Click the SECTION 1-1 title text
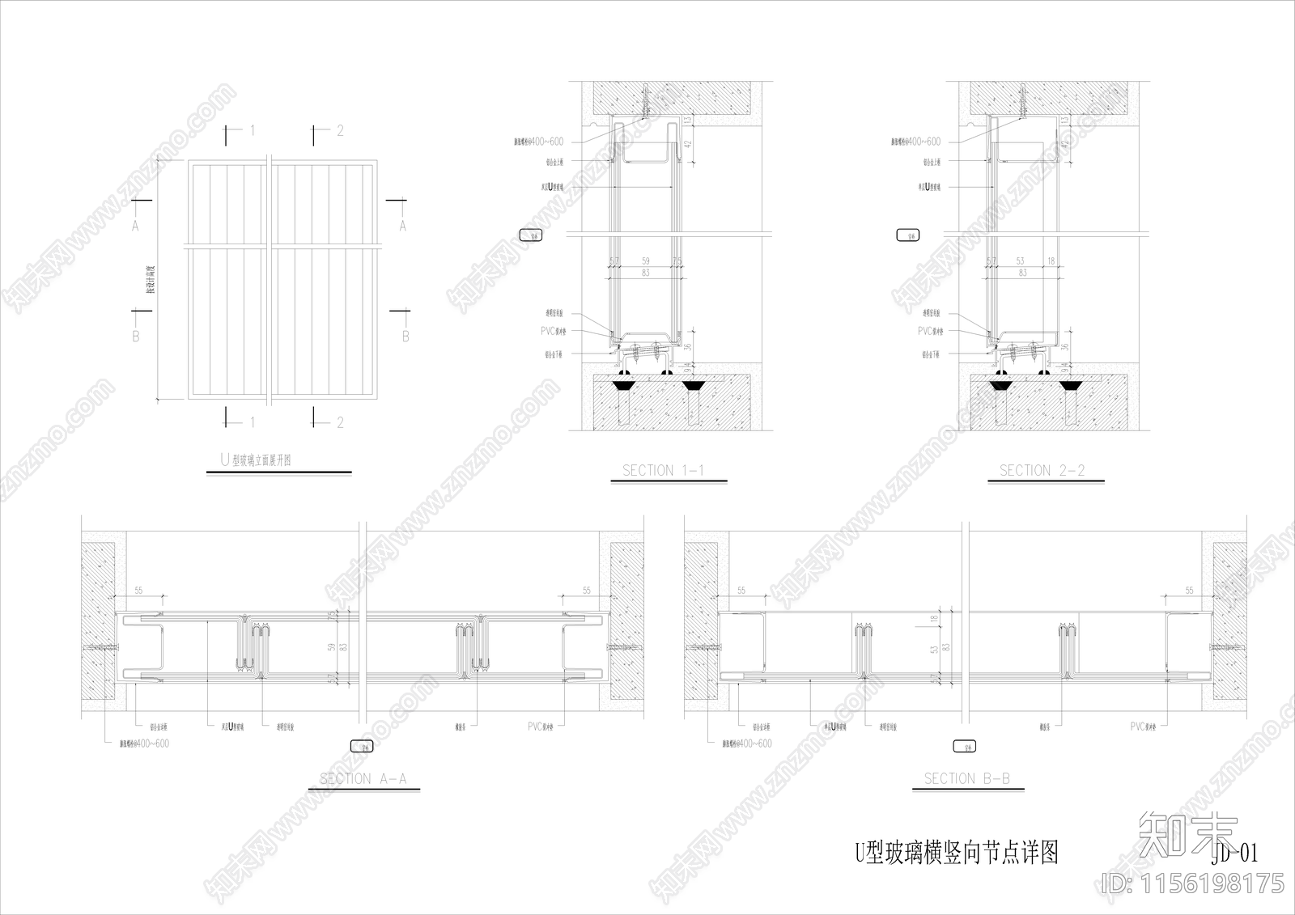tap(663, 470)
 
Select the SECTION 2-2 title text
tap(1042, 470)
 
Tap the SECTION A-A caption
tap(363, 779)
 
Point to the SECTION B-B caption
tap(966, 779)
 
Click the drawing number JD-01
tap(1235, 853)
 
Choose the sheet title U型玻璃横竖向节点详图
tap(957, 852)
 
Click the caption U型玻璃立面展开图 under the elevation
tap(256, 460)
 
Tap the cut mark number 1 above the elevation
tap(253, 129)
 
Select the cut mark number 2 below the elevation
tap(340, 422)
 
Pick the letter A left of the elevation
tap(135, 227)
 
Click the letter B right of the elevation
tap(405, 336)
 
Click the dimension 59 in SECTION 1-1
tap(645, 261)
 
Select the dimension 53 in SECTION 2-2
tap(1020, 261)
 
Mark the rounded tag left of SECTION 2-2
tap(907, 236)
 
